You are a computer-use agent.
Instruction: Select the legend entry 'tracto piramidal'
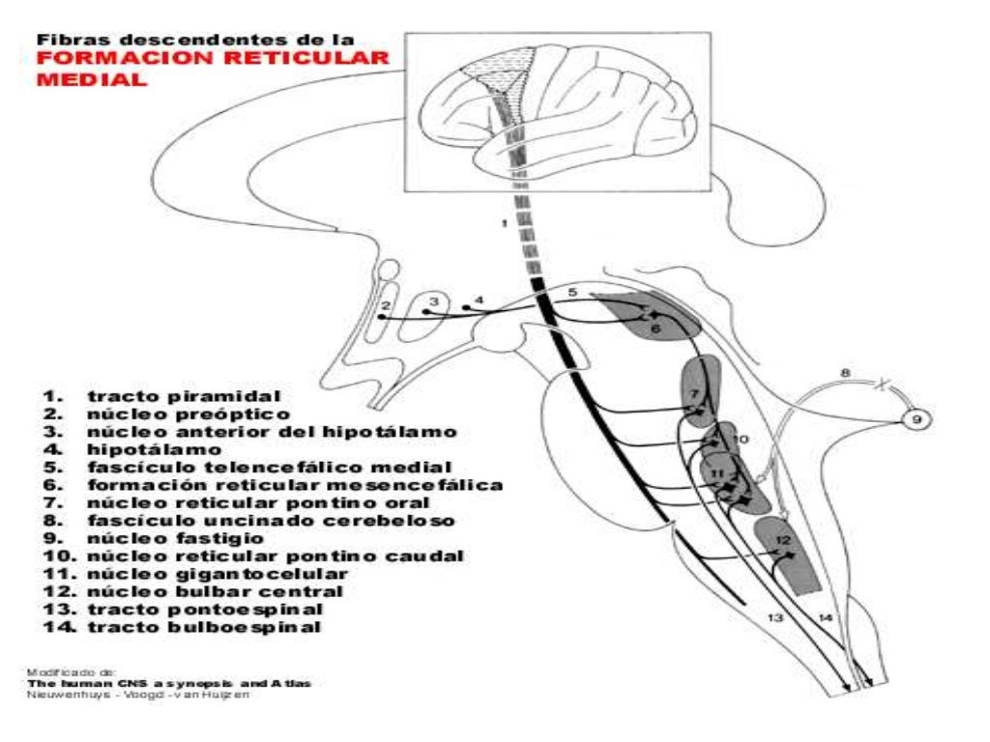click(x=184, y=396)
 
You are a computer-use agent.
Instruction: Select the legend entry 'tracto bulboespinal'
click(x=204, y=627)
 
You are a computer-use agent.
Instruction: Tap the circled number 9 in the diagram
click(x=917, y=419)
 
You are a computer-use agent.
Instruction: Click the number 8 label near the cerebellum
click(x=844, y=373)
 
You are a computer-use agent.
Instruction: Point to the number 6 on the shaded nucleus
click(x=655, y=329)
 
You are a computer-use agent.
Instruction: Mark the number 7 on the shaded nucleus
click(x=694, y=396)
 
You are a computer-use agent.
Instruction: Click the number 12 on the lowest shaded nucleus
click(x=784, y=540)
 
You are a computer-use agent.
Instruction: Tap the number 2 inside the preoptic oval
click(x=385, y=306)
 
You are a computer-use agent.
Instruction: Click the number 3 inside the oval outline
click(x=434, y=300)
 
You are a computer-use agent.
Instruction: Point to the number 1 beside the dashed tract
click(x=504, y=223)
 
